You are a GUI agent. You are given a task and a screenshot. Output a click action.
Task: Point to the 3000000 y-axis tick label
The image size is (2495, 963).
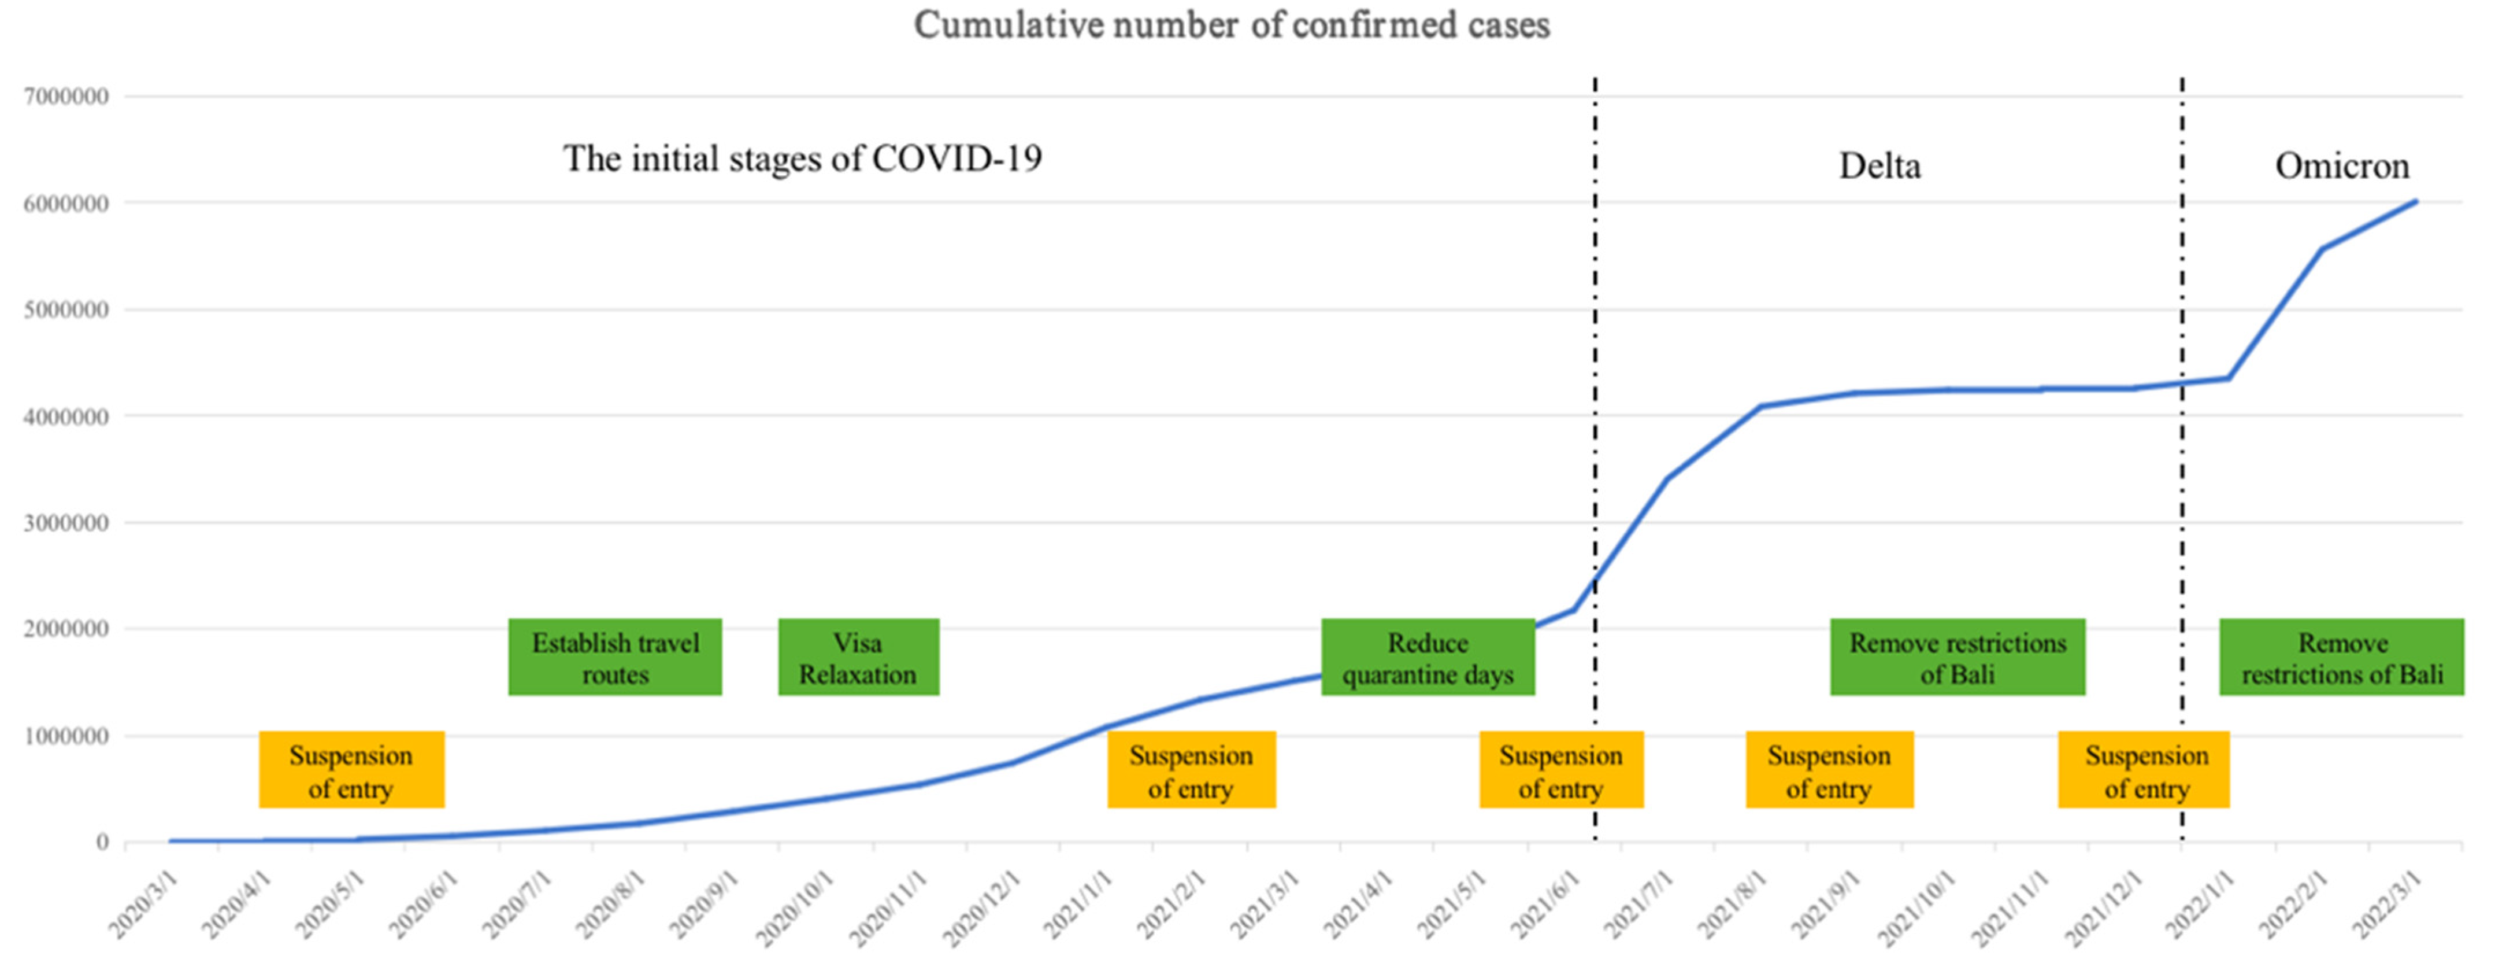66,523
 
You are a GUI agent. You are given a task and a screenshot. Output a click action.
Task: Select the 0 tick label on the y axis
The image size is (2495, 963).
102,842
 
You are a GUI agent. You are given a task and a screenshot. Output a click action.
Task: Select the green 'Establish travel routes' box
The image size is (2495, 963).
615,658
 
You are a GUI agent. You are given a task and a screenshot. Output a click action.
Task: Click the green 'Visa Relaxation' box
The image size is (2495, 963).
858,658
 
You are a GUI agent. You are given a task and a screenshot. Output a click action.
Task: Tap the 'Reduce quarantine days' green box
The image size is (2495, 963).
1428,658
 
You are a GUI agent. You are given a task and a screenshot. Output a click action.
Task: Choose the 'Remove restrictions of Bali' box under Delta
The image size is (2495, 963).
1958,658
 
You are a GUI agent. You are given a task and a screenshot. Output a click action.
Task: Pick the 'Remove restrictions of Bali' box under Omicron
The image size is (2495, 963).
2342,658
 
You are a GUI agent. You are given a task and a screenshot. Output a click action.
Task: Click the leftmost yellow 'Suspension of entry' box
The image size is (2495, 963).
351,770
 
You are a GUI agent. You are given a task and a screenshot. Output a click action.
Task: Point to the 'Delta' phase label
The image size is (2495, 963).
1879,165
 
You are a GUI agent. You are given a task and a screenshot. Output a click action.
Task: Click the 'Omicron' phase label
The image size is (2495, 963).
2342,165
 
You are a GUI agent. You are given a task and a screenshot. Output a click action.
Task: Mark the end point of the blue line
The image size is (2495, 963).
2416,201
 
